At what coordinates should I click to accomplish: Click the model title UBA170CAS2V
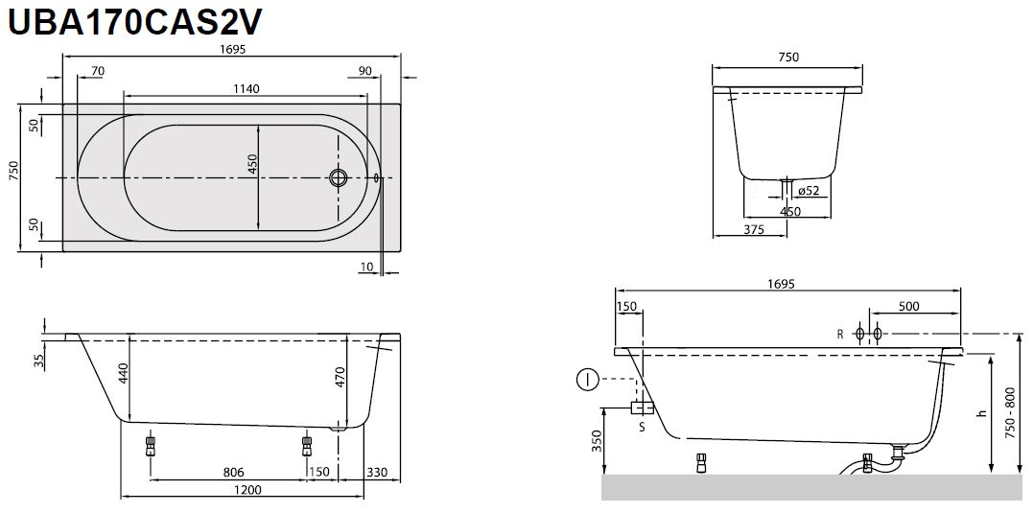pos(134,22)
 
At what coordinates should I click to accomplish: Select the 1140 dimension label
pos(246,89)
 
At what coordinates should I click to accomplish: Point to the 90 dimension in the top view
pos(365,71)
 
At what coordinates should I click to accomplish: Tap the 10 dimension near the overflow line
pos(367,267)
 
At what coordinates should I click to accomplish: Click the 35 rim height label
pos(38,361)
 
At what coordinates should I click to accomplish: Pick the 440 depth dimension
pos(123,373)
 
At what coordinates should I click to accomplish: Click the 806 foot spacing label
pos(234,472)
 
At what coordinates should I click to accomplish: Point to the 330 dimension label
pos(377,472)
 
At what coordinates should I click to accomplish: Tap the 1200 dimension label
pos(247,490)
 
